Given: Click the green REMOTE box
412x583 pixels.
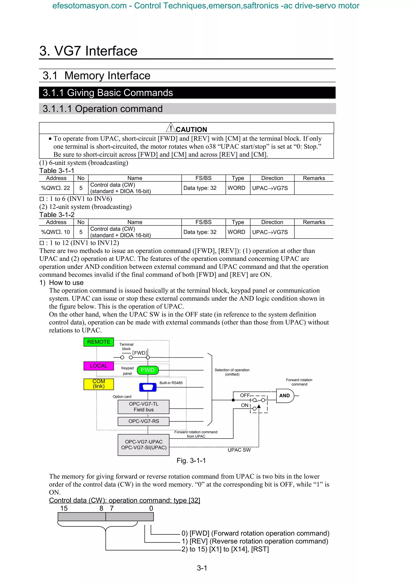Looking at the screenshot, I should click(x=99, y=342).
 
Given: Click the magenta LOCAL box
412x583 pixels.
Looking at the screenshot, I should click(x=99, y=366).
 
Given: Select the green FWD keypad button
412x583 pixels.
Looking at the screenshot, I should click(x=147, y=370).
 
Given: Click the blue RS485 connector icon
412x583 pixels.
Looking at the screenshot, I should click(x=148, y=387).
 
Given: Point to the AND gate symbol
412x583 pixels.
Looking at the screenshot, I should click(x=285, y=396).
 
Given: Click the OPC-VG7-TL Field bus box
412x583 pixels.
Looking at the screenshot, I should click(x=143, y=407).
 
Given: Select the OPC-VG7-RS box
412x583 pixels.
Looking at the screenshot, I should click(x=143, y=421).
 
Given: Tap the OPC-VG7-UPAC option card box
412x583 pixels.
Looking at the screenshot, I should click(x=143, y=445).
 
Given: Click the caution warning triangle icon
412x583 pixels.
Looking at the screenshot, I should click(x=171, y=128).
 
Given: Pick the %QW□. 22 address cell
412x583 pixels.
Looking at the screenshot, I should click(x=56, y=188).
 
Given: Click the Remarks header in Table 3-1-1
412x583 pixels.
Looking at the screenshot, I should click(x=314, y=178).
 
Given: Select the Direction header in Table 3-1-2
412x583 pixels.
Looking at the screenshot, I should click(x=272, y=222).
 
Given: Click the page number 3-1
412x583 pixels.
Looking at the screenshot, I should click(x=202, y=568).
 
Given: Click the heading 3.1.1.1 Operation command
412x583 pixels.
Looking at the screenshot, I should click(x=103, y=109).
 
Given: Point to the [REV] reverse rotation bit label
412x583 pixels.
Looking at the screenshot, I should click(x=255, y=541).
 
